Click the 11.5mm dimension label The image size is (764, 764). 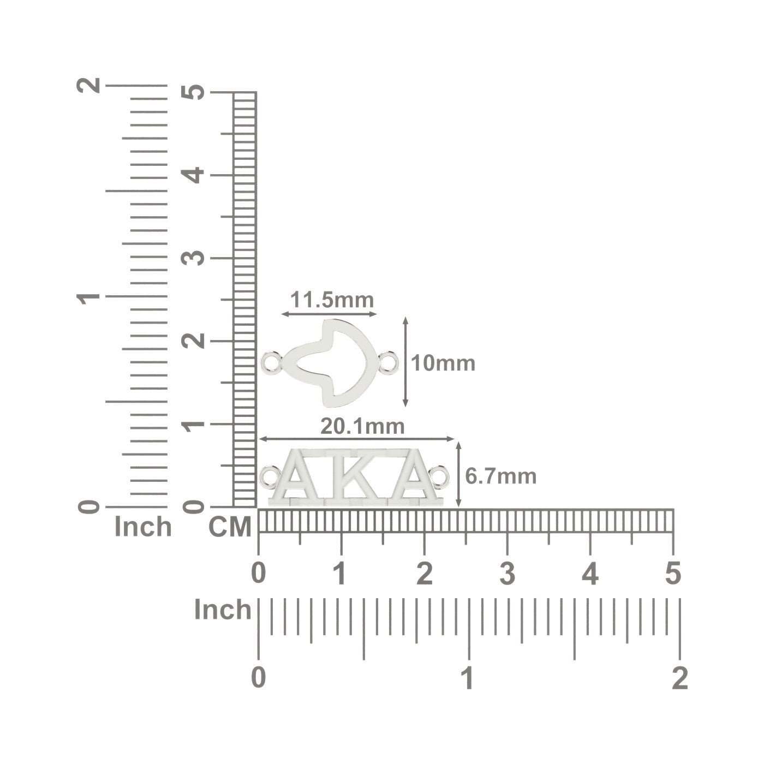(x=332, y=300)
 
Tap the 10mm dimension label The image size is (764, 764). (x=443, y=363)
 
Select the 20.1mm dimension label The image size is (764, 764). (x=362, y=427)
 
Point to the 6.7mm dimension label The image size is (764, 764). (x=501, y=476)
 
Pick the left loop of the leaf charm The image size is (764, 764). (x=272, y=362)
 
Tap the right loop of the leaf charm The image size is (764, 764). (x=388, y=362)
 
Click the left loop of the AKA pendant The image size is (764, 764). (x=270, y=476)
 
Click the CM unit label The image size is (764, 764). (x=230, y=527)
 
